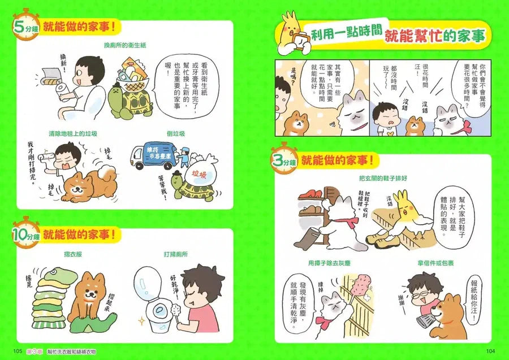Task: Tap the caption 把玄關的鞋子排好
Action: click(382, 177)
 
